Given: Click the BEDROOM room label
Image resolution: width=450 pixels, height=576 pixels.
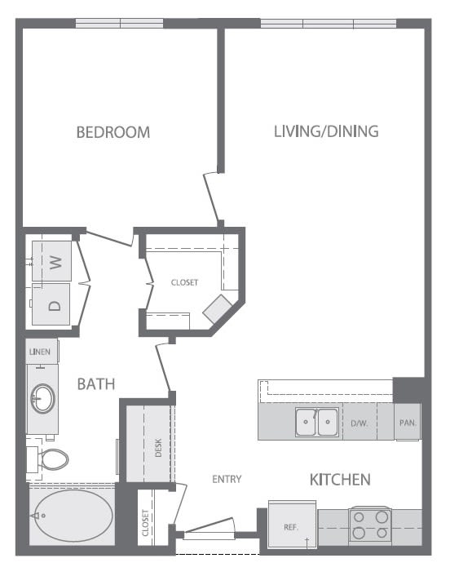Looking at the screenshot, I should [112, 131].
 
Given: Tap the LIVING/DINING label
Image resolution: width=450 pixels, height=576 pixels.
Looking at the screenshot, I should [325, 131].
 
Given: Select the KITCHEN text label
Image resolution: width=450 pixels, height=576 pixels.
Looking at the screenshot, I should [340, 480].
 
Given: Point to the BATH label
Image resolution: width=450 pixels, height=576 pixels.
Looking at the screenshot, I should [96, 383].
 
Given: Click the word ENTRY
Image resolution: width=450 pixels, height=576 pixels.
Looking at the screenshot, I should [227, 479].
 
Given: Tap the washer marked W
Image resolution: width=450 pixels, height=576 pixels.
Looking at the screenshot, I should [55, 263].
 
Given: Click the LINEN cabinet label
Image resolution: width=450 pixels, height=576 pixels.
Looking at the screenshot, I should [40, 352].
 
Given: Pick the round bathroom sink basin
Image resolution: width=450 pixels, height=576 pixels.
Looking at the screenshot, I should [42, 399].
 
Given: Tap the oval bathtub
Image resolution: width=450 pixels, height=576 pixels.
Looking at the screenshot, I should [73, 516].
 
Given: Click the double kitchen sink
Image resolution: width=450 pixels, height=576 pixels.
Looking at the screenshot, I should [316, 423].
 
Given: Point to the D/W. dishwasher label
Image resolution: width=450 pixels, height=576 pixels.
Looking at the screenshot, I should [359, 423].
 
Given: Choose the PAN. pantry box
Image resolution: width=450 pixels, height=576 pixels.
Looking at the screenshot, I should [408, 423].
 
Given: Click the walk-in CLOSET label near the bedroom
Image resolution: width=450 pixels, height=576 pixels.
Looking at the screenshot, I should [184, 282].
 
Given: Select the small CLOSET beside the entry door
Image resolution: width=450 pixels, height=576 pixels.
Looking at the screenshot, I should [145, 517].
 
